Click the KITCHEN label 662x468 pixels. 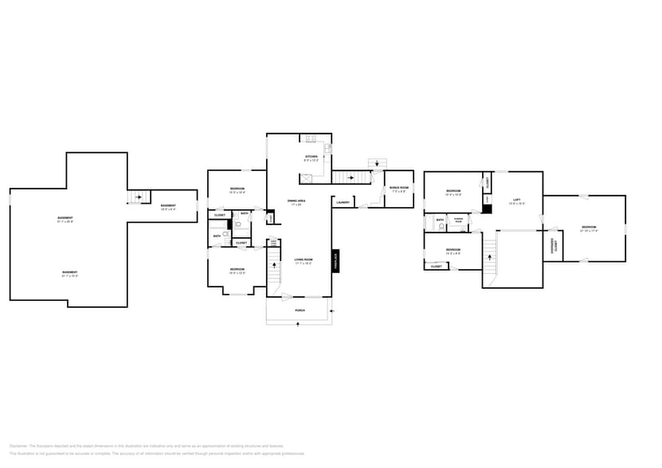[311, 157]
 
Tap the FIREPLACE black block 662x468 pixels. [335, 261]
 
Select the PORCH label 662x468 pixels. [300, 310]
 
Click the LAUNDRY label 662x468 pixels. [343, 202]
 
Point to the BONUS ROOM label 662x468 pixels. [398, 189]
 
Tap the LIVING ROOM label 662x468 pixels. [303, 260]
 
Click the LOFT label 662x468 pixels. [516, 201]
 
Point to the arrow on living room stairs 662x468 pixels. [275, 266]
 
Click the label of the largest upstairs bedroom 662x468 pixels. [589, 228]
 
